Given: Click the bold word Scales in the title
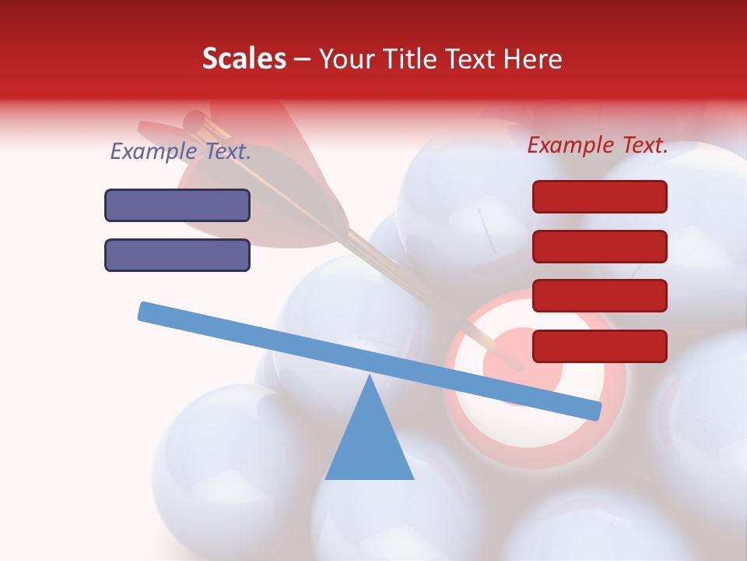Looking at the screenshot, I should pos(244,58).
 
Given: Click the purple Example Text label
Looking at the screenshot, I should pos(181,151).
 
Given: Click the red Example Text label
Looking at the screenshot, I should pos(598,145).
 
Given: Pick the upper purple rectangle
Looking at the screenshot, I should pos(177,205).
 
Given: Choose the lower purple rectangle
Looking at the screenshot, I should pos(177,255).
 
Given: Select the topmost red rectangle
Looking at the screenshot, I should pos(600,196).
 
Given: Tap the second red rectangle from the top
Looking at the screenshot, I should pos(600,246).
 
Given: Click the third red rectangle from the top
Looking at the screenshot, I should pos(600,295).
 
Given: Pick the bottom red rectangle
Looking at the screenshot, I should pos(600,346).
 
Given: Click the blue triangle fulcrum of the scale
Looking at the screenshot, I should pos(370,444).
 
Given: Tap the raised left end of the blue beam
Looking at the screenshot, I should pos(146,311).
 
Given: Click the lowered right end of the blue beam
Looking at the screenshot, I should pos(593,410).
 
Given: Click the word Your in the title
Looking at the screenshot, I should pos(343,58).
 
